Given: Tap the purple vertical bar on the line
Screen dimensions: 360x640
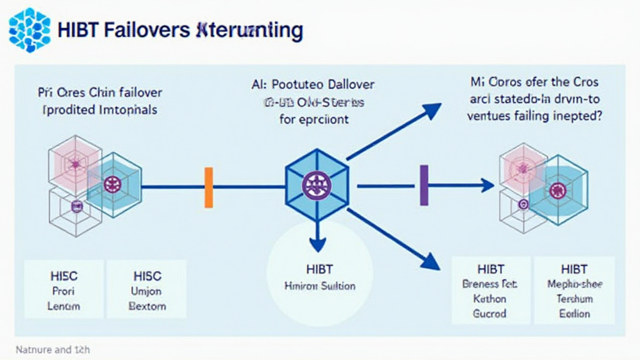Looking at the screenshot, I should pyautogui.click(x=424, y=185).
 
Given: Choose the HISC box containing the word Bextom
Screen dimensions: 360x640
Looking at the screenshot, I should pyautogui.click(x=147, y=290).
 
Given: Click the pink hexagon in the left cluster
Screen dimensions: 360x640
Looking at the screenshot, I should pyautogui.click(x=74, y=164).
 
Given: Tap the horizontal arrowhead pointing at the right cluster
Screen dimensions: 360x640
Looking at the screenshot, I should pyautogui.click(x=487, y=185).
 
